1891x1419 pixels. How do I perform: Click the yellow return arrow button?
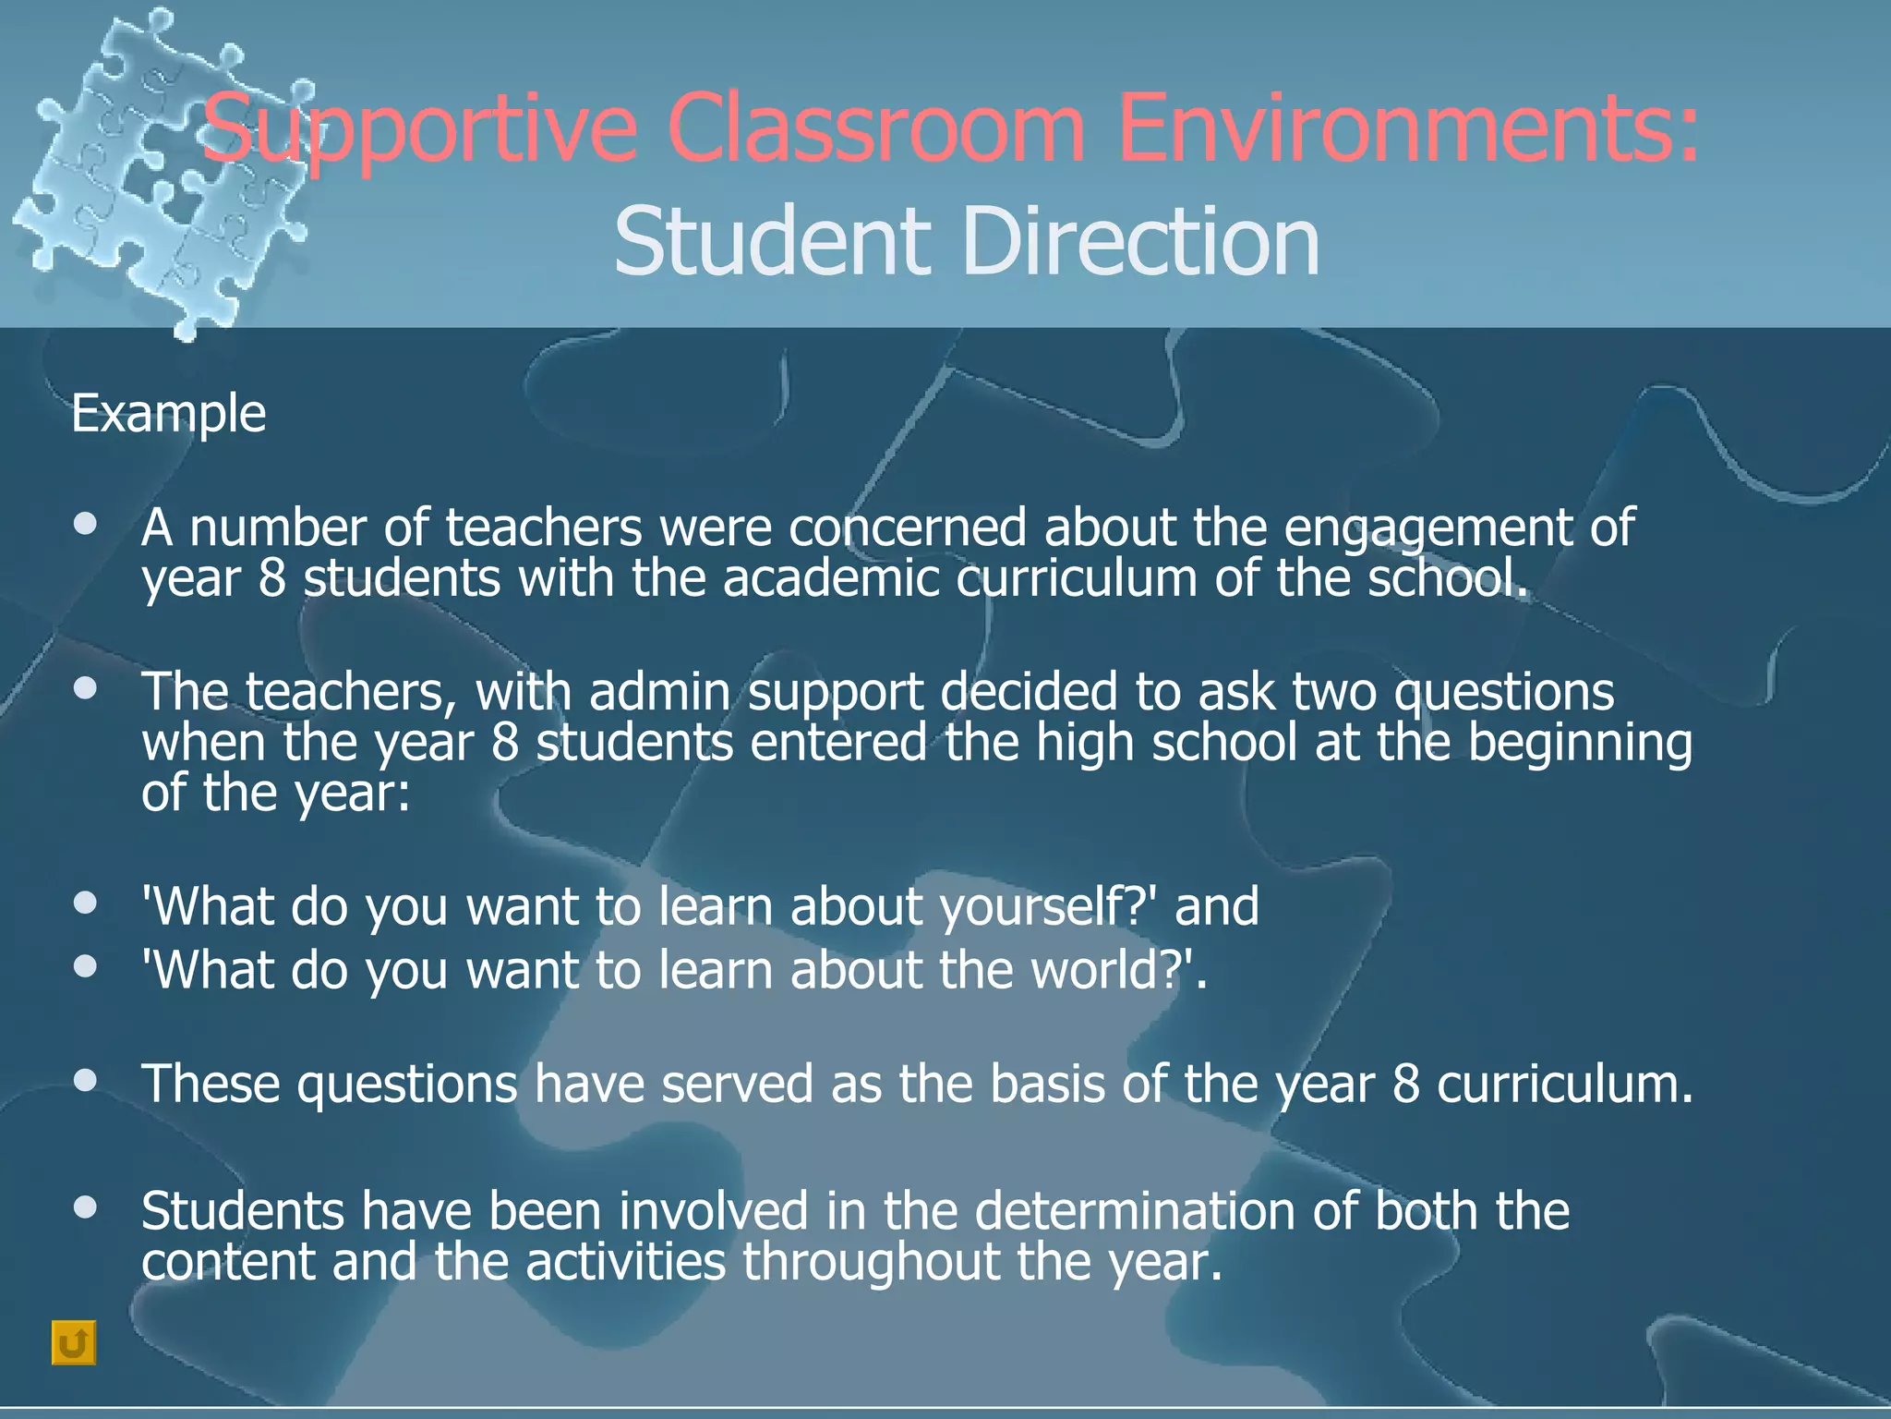[74, 1342]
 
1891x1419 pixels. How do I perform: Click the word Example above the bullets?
[168, 413]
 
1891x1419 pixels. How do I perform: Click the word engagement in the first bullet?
[1427, 529]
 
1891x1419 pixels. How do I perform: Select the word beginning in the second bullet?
[1580, 743]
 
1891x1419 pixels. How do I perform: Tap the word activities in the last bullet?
[626, 1262]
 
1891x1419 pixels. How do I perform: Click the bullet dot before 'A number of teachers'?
[86, 525]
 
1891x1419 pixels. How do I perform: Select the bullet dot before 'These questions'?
[86, 1080]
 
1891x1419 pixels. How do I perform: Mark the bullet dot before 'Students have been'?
[86, 1207]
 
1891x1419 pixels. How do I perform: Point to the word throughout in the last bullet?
[872, 1262]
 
